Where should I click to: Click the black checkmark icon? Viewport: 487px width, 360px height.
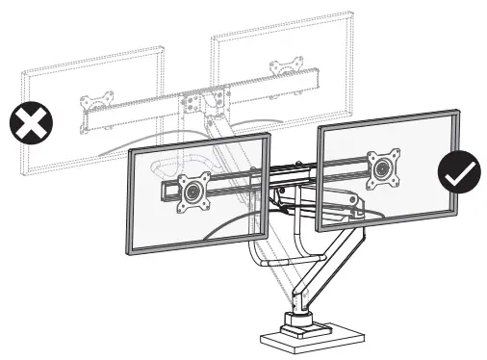459,172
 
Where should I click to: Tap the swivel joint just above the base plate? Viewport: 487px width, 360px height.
299,317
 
